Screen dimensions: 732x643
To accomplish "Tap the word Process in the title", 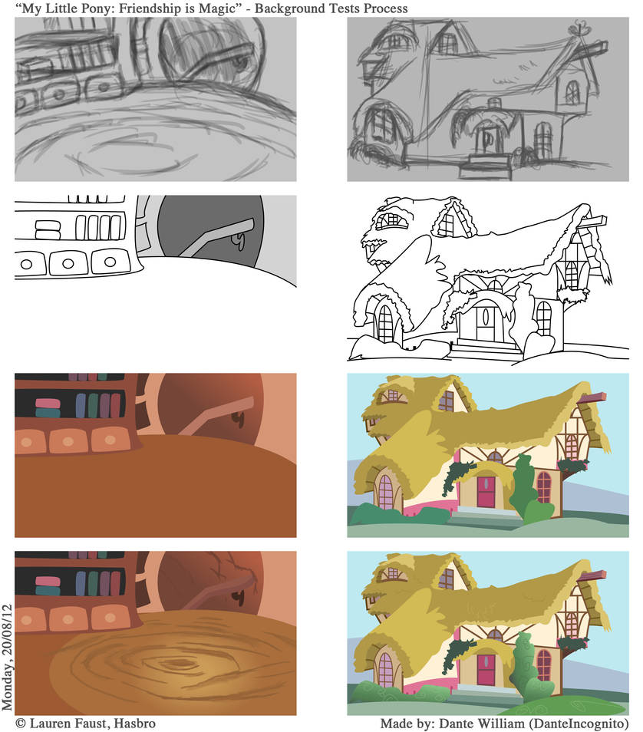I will (381, 8).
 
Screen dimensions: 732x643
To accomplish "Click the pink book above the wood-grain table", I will (48, 579).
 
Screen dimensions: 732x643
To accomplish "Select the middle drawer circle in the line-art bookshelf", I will (68, 263).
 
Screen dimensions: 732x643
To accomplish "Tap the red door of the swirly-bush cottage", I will (486, 668).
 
